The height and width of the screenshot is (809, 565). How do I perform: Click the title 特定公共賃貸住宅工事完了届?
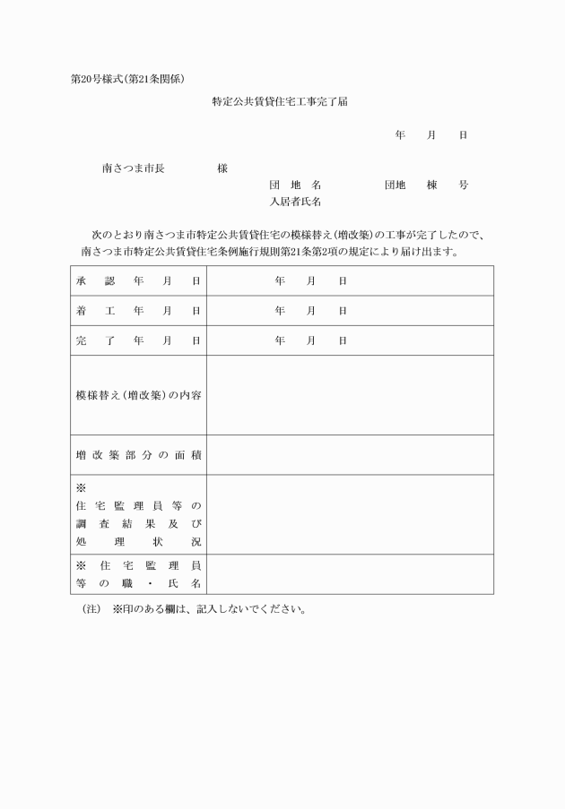coord(281,102)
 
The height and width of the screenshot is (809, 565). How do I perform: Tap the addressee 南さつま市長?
coord(134,168)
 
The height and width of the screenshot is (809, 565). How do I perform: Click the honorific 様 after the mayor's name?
coord(222,168)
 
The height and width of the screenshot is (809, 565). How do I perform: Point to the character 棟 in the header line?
coord(431,185)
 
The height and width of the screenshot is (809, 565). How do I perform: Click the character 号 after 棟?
coord(463,185)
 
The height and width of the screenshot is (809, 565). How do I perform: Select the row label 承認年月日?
coord(138,280)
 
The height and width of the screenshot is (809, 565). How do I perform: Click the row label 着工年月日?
coord(138,311)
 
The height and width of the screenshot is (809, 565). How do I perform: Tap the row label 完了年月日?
coord(138,340)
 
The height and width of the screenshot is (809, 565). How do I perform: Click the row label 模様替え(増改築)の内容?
coord(138,395)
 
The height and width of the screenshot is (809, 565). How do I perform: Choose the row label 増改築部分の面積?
coord(138,455)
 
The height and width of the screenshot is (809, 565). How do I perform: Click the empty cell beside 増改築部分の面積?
coord(350,455)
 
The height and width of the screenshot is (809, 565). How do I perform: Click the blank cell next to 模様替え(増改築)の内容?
coord(350,395)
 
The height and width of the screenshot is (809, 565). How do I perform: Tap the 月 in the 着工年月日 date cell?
coord(311,311)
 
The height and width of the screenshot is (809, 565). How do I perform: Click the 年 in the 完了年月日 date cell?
coord(280,340)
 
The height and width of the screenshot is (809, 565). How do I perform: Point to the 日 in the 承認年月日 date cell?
coord(343,280)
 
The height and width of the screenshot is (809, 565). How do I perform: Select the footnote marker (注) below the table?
coord(90,610)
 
